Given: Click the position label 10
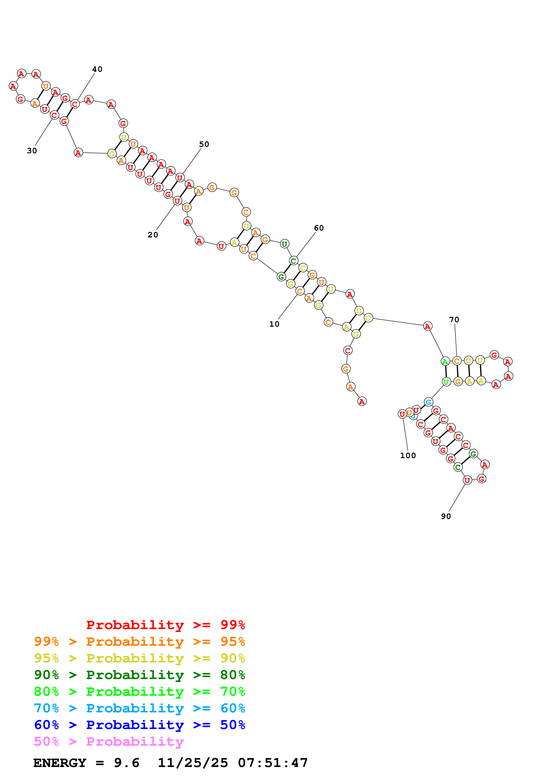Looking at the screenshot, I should pyautogui.click(x=274, y=324).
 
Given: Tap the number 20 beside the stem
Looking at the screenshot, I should pyautogui.click(x=153, y=235).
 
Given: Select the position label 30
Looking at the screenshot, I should pyautogui.click(x=32, y=151).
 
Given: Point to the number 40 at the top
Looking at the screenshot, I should pyautogui.click(x=97, y=69).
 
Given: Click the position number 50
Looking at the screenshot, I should pyautogui.click(x=204, y=144).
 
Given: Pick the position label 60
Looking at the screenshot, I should pyautogui.click(x=319, y=228).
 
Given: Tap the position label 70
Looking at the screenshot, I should pyautogui.click(x=454, y=320).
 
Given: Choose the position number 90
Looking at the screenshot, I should pyautogui.click(x=446, y=516).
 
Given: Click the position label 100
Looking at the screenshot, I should pyautogui.click(x=408, y=456).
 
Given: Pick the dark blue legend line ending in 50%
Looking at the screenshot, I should pyautogui.click(x=140, y=725).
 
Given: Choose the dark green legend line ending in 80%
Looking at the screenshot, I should pyautogui.click(x=140, y=675).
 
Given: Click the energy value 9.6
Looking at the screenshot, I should pyautogui.click(x=126, y=763).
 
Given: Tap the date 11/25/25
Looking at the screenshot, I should pyautogui.click(x=193, y=763).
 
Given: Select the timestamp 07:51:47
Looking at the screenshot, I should pyautogui.click(x=273, y=763).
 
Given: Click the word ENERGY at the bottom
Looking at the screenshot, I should pyautogui.click(x=60, y=763).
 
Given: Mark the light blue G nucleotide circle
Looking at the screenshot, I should pyautogui.click(x=428, y=402).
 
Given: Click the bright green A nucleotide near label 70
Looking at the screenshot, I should pyautogui.click(x=445, y=361).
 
